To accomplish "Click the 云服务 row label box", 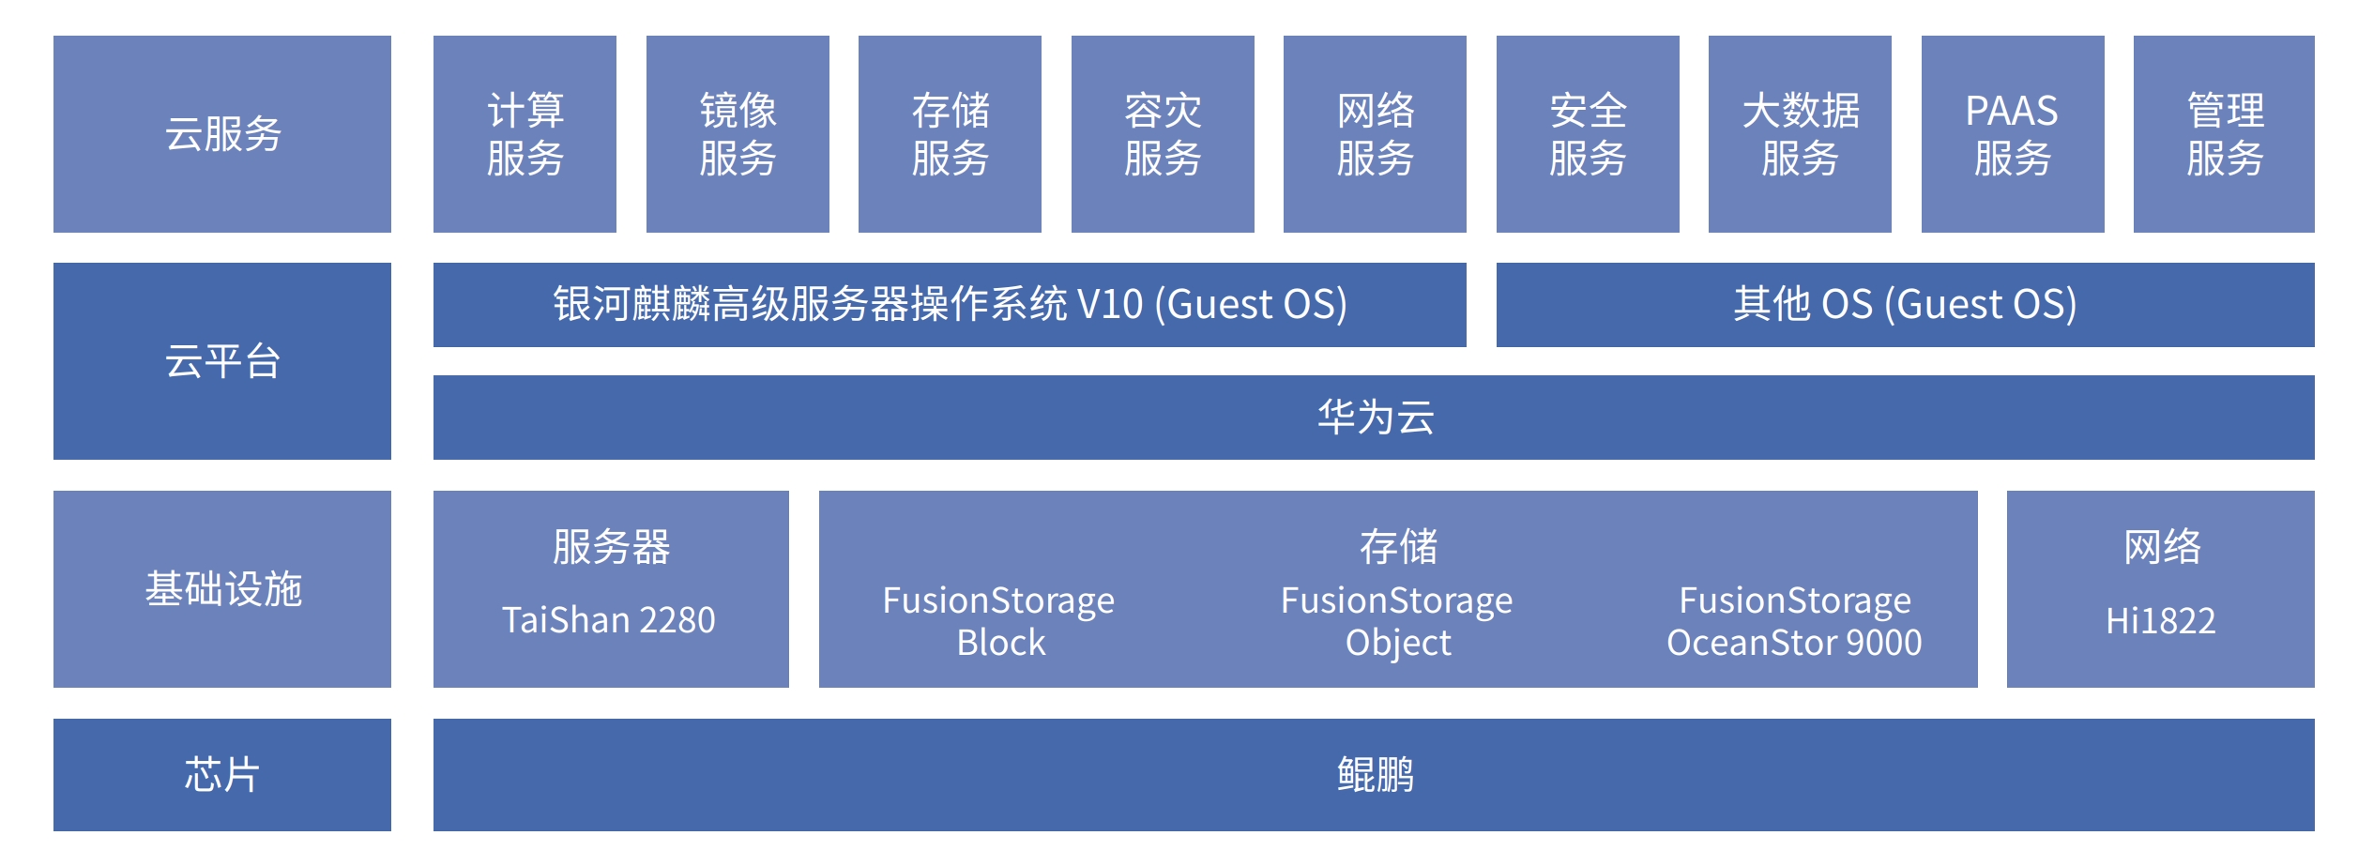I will [222, 134].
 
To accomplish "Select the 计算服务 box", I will [525, 134].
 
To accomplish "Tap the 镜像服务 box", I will [738, 134].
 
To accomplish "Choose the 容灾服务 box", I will [1163, 134].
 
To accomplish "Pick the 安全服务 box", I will [1588, 134].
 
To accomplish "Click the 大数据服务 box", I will [1800, 134].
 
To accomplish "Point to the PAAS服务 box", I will [2013, 134].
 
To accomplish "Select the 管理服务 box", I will [2224, 134].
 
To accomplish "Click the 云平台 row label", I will [222, 361].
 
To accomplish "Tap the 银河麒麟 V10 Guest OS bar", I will [950, 305].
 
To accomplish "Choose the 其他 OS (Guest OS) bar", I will [1905, 305].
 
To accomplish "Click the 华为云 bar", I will [1374, 418].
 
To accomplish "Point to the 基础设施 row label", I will [222, 589].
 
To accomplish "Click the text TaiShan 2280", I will [609, 620].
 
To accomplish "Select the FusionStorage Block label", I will [999, 621].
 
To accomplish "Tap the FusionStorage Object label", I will [1397, 621].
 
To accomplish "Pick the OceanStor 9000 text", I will [1794, 643].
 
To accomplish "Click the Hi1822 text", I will [2160, 621].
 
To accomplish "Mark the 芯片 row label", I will [222, 775].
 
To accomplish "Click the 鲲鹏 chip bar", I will [1374, 775].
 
